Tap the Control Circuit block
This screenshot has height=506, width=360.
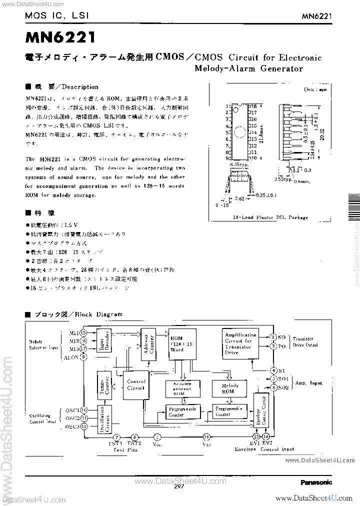pos(135,384)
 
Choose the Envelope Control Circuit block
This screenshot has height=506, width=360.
pos(261,412)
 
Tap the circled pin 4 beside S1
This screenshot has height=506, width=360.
pos(273,370)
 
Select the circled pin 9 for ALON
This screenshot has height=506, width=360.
pos(83,356)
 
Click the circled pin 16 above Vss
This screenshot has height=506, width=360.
pos(206,436)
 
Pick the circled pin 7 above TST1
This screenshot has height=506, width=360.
pos(116,436)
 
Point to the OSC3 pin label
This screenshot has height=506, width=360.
pos(72,426)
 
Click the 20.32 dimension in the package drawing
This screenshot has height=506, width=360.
pos(322,133)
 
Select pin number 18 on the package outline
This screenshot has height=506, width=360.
pos(253,106)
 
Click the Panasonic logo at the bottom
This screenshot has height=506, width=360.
pos(316,482)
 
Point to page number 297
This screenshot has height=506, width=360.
pos(180,486)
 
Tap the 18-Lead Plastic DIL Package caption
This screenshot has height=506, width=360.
pos(270,217)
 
